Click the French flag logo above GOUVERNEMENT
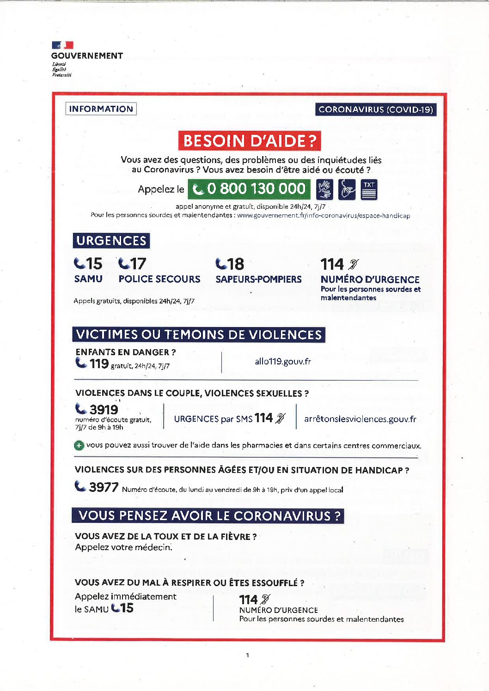tap(62, 45)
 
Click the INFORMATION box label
tap(101, 109)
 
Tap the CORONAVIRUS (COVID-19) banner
tap(376, 109)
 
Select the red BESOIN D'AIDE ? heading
tap(250, 141)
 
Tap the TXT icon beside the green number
tap(369, 189)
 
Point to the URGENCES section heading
tap(111, 241)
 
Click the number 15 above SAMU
tap(94, 264)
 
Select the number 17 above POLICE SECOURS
tap(138, 264)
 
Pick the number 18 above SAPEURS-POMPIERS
tap(235, 264)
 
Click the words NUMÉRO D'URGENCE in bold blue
tap(370, 279)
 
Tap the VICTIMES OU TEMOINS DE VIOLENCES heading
tap(199, 334)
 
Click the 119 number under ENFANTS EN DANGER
tap(99, 364)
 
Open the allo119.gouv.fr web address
tap(283, 361)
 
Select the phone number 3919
tap(104, 410)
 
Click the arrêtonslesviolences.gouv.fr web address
tap(360, 419)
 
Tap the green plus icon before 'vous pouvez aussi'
tap(79, 446)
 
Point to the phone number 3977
tap(104, 487)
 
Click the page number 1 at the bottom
tap(248, 655)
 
